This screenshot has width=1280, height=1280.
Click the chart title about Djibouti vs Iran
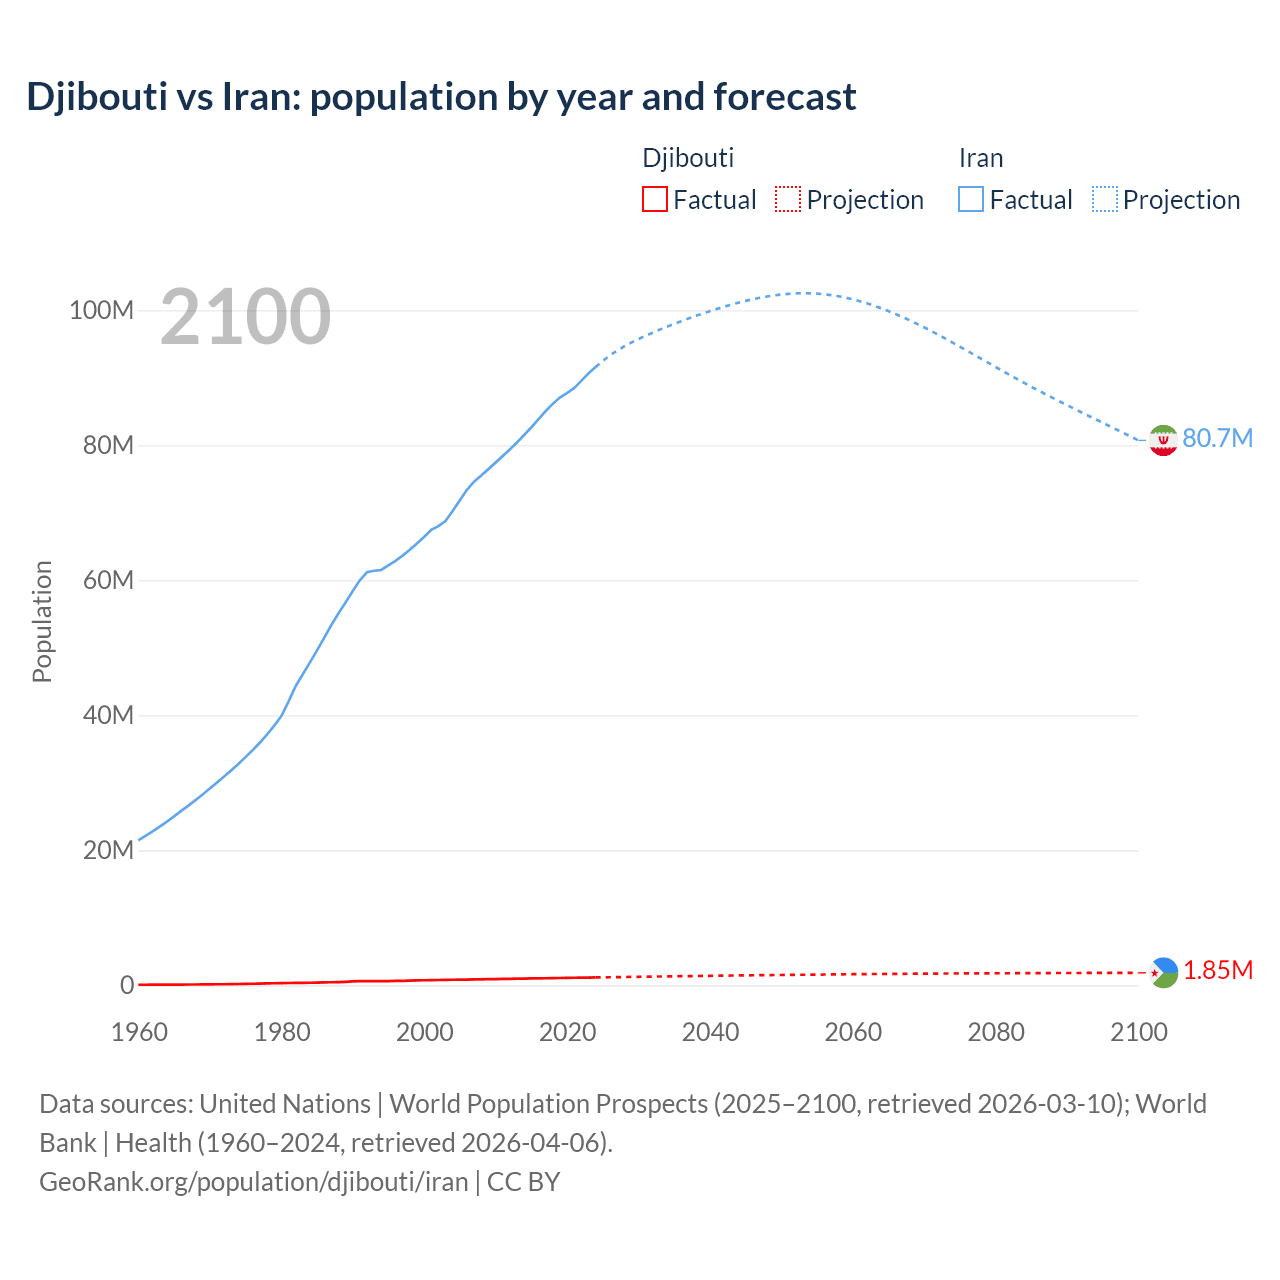[441, 97]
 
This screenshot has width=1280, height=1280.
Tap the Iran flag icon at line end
[1163, 440]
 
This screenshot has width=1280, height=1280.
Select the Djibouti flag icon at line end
[1163, 972]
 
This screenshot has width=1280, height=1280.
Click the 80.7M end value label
[1217, 438]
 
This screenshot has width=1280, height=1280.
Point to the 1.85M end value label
[1218, 970]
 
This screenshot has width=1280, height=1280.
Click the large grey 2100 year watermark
[245, 316]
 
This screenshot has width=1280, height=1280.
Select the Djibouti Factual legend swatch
[654, 199]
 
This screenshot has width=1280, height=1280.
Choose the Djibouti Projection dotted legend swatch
[788, 199]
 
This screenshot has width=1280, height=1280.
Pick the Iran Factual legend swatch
[970, 199]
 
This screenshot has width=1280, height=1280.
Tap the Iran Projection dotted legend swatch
[1105, 199]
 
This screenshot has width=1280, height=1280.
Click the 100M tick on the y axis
[101, 310]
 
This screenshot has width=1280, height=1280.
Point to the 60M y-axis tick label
[107, 580]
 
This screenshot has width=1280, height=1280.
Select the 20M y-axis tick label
[107, 850]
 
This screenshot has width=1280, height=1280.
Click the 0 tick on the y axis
[127, 985]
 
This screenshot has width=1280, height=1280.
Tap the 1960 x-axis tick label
[139, 1032]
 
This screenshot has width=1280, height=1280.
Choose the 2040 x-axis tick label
[710, 1032]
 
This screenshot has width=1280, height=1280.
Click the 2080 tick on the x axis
[996, 1032]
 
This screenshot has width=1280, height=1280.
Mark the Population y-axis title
[42, 621]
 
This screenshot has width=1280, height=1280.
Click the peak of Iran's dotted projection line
[803, 293]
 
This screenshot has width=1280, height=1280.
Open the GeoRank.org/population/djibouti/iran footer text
[253, 1182]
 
